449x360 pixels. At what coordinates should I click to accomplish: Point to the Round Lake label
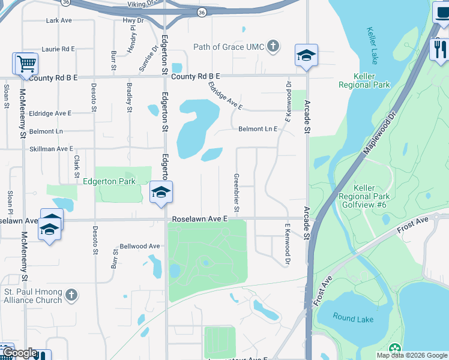point(354,319)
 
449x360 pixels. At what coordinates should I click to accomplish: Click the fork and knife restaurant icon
point(440,49)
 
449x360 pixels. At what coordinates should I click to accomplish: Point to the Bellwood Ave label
point(140,246)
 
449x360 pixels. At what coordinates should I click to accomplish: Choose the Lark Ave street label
point(59,20)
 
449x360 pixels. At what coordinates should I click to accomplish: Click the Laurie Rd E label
point(58,49)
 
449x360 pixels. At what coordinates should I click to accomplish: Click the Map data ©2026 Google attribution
point(411,355)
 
